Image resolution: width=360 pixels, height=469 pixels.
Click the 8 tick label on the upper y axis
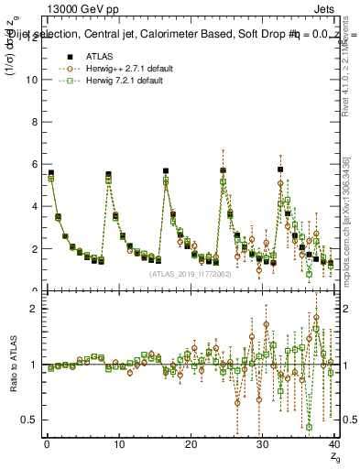click(33, 121)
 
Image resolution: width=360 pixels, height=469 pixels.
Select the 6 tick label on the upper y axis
click(33, 164)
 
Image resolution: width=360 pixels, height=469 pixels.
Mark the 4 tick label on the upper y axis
click(33, 206)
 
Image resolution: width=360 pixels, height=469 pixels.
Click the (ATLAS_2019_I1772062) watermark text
click(191, 274)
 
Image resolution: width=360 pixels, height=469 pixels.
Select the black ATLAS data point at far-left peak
click(51, 173)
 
